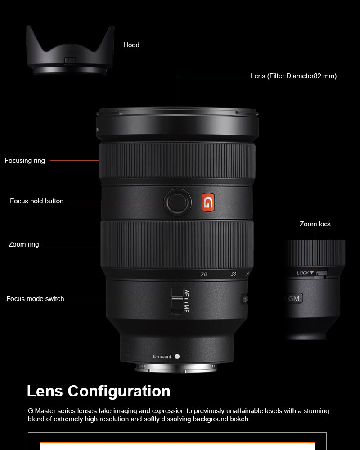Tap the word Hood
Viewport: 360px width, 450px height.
pyautogui.click(x=131, y=45)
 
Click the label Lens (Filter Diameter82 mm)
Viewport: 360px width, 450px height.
pyautogui.click(x=293, y=76)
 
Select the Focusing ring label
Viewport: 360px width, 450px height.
pyautogui.click(x=25, y=161)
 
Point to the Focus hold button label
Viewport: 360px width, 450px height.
pyautogui.click(x=37, y=201)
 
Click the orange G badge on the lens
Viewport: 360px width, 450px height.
pyautogui.click(x=208, y=202)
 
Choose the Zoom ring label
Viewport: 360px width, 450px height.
pyautogui.click(x=23, y=244)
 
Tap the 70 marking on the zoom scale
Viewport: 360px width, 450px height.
pyautogui.click(x=204, y=274)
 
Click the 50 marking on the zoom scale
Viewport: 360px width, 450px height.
pyautogui.click(x=234, y=274)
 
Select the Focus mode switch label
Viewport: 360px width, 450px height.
pyautogui.click(x=35, y=299)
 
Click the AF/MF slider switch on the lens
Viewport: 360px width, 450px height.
pyautogui.click(x=177, y=301)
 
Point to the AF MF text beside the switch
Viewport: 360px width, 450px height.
pyautogui.click(x=187, y=301)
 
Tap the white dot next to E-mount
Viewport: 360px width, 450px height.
pyautogui.click(x=177, y=356)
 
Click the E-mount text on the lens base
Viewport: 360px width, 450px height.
pyautogui.click(x=162, y=356)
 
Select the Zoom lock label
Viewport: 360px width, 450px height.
pyautogui.click(x=315, y=224)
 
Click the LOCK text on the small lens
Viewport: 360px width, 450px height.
pyautogui.click(x=303, y=273)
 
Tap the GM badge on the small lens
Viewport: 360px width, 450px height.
pyautogui.click(x=294, y=298)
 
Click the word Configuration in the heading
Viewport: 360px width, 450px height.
pyautogui.click(x=119, y=391)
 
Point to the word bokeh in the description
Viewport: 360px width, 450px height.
pyautogui.click(x=240, y=419)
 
